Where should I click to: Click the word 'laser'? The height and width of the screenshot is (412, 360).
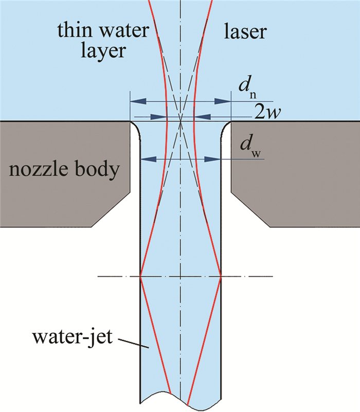tap(246, 32)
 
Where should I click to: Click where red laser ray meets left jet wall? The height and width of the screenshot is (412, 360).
tap(140, 277)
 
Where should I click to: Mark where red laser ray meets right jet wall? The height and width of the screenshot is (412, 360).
tap(221, 277)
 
